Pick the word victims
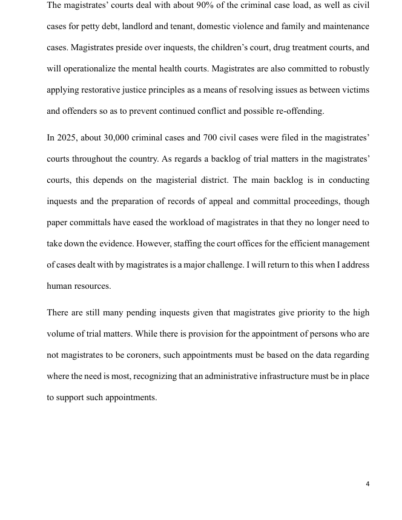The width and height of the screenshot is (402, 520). tap(355, 90)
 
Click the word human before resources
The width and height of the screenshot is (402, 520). tap(59, 286)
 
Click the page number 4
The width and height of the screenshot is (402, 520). tap(367, 484)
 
